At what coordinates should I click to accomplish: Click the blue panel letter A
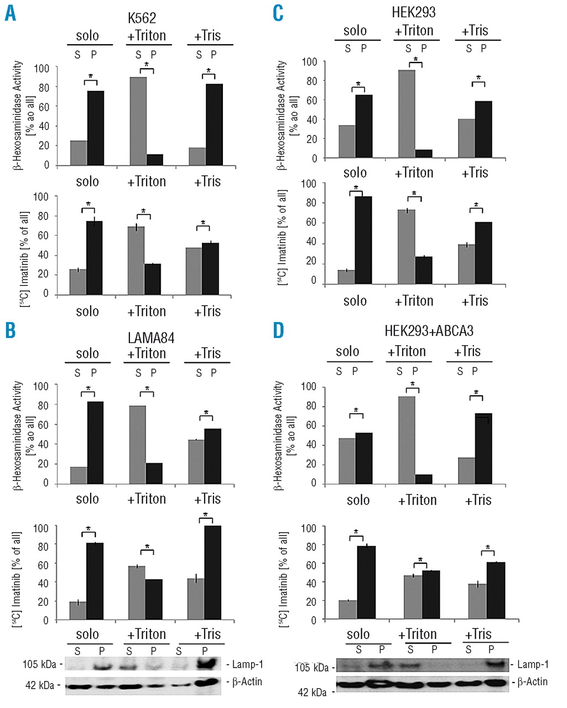10,12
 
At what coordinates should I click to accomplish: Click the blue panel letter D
278,330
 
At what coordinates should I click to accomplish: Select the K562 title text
142,19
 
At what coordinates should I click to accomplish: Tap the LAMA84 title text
148,337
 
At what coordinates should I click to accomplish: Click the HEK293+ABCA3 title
429,331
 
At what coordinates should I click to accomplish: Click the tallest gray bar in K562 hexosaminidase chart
138,121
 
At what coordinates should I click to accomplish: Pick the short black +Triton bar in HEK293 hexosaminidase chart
424,154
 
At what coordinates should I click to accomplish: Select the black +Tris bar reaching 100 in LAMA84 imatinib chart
212,572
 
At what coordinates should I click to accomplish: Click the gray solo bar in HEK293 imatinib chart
346,277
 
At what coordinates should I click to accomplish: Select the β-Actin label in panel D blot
532,682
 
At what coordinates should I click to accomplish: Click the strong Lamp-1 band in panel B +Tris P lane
205,663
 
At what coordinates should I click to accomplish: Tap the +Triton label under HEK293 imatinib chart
414,301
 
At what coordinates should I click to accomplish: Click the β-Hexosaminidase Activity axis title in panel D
280,435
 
